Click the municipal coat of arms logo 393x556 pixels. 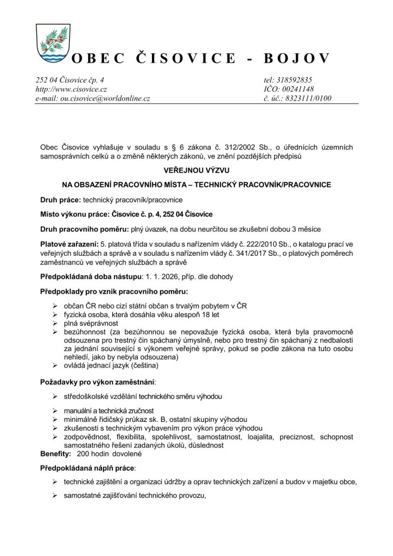tap(53, 43)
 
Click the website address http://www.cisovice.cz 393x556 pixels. tap(71, 89)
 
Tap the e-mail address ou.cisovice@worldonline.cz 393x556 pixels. tap(93, 98)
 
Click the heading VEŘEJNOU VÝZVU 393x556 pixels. tap(196, 170)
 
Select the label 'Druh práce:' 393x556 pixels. tap(60, 199)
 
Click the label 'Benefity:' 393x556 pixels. tap(56, 453)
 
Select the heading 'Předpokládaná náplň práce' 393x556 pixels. tap(87, 467)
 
